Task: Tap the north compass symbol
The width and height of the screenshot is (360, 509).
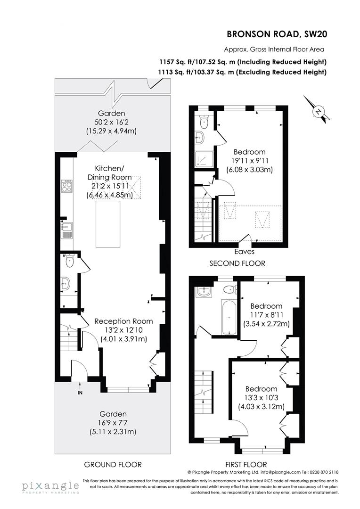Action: coord(319,111)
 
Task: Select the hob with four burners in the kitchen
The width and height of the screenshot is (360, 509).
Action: coord(67,186)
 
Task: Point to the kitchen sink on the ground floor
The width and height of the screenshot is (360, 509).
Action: coord(66,230)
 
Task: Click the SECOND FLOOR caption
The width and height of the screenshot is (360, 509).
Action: coord(237,263)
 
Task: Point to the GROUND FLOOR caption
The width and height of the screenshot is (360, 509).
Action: coord(112,464)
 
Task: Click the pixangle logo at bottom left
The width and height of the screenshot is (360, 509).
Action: coord(49,487)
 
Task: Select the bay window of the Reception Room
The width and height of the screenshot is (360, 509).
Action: coord(128,390)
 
